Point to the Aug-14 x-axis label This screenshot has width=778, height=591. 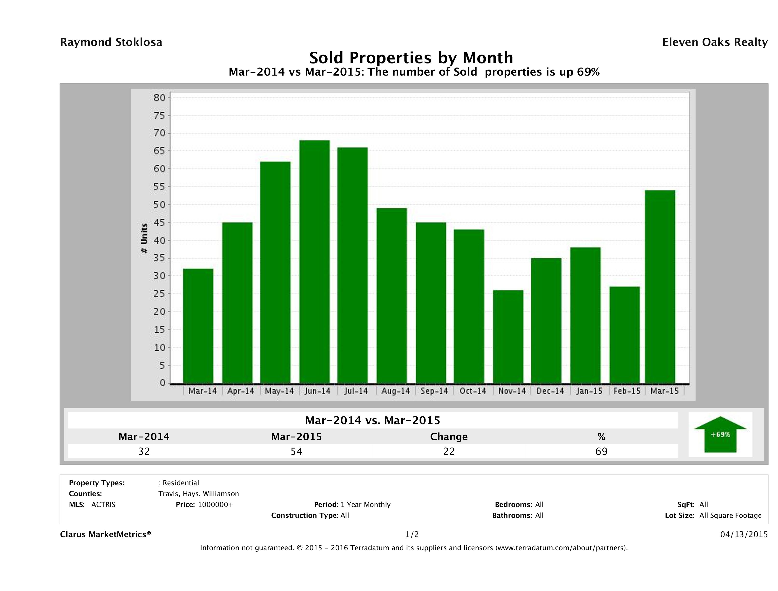click(396, 391)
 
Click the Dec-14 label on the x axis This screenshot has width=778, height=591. click(550, 391)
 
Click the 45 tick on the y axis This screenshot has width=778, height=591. click(159, 223)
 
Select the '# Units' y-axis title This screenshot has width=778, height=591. click(144, 239)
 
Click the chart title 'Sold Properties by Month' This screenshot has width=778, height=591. click(411, 57)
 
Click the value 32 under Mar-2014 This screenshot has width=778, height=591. click(144, 451)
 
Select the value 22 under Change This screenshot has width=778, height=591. click(449, 451)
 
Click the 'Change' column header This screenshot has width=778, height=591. click(449, 437)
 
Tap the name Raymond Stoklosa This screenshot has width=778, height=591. click(111, 42)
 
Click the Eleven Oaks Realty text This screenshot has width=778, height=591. click(715, 42)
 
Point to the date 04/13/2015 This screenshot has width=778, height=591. click(744, 534)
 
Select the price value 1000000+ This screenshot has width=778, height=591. click(215, 504)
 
